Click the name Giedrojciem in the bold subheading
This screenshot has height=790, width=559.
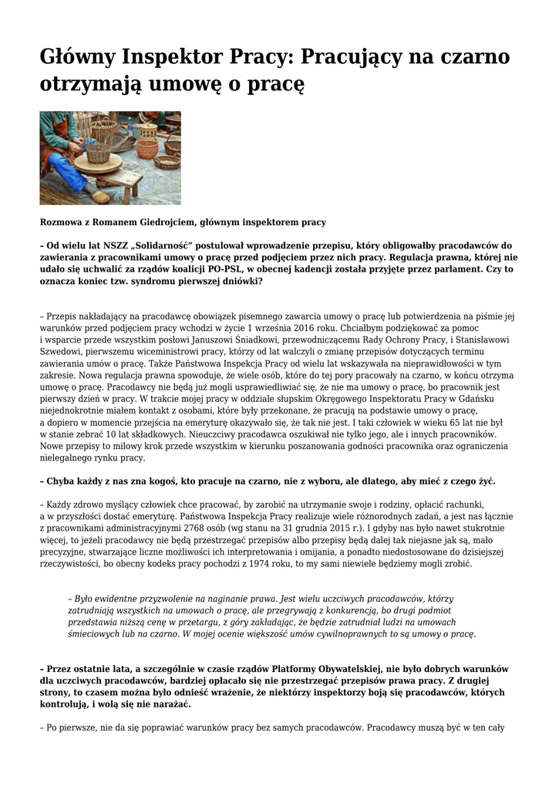[x=160, y=222]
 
